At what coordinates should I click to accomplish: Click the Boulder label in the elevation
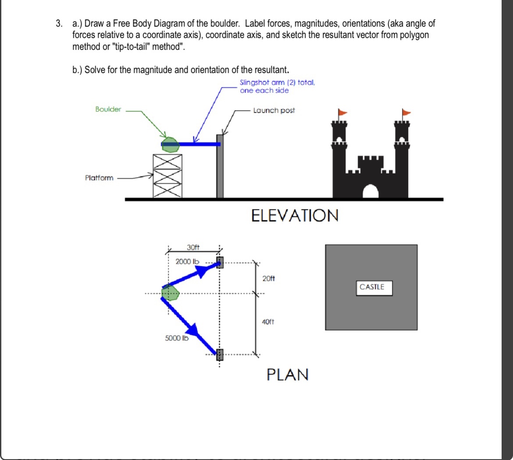pyautogui.click(x=108, y=109)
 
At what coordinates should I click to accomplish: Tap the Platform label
pyautogui.click(x=99, y=178)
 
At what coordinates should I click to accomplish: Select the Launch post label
pyautogui.click(x=274, y=110)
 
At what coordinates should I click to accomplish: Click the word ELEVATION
pyautogui.click(x=295, y=216)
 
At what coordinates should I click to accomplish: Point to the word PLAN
pyautogui.click(x=288, y=375)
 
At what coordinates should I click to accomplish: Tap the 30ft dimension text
pyautogui.click(x=193, y=248)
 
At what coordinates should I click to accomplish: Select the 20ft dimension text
pyautogui.click(x=268, y=279)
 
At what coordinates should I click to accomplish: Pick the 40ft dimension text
pyautogui.click(x=268, y=322)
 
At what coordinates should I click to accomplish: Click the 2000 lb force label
pyautogui.click(x=187, y=262)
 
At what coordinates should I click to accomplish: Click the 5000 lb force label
pyautogui.click(x=176, y=338)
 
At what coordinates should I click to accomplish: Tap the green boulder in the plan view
pyautogui.click(x=171, y=293)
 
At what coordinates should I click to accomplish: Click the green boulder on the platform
pyautogui.click(x=170, y=145)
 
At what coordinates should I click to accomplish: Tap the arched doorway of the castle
pyautogui.click(x=370, y=191)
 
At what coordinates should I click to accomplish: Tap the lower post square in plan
pyautogui.click(x=220, y=353)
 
